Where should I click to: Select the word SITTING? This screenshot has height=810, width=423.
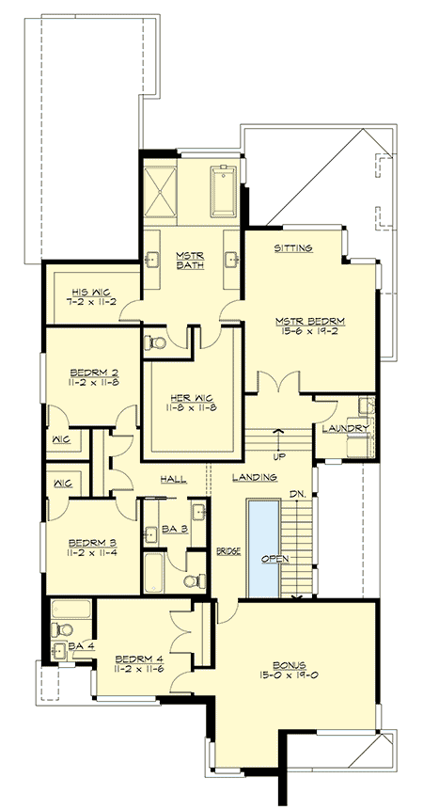point(292,248)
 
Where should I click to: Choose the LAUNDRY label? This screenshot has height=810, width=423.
point(344,428)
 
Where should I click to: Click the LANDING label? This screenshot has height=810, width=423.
point(255,478)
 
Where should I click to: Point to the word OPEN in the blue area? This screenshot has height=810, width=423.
point(263,558)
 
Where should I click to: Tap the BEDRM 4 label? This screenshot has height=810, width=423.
point(135,659)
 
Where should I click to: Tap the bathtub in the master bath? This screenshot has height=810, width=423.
point(224,189)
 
